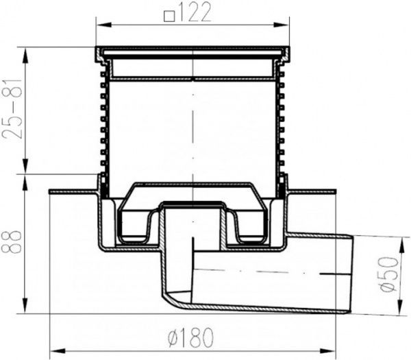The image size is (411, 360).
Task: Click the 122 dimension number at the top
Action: (195, 12)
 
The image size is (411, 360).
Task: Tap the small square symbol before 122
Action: (169, 16)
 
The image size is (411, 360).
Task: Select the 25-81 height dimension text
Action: (12, 109)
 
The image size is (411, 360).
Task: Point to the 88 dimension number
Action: (11, 241)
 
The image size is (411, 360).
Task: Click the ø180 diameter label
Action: (190, 337)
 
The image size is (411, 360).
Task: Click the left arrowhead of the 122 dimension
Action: (104, 25)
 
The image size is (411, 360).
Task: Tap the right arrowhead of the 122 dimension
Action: (282, 25)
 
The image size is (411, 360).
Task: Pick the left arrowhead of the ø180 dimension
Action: (58, 351)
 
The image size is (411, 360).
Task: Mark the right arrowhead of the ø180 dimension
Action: (327, 351)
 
